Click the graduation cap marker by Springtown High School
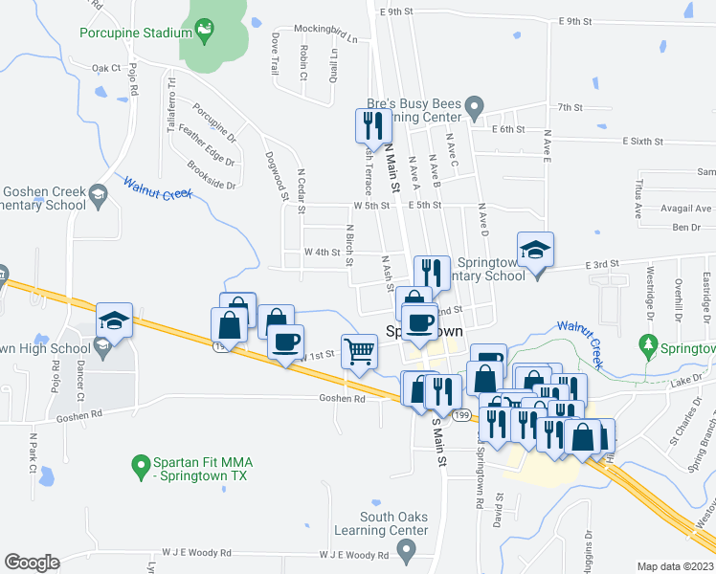coord(114,320)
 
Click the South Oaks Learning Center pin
coord(406,551)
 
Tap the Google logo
coord(32,563)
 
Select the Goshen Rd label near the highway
coord(343,399)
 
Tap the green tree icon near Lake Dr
coord(649,342)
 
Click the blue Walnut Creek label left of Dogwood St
coord(159,187)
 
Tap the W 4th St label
coord(323,252)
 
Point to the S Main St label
coord(440,439)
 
